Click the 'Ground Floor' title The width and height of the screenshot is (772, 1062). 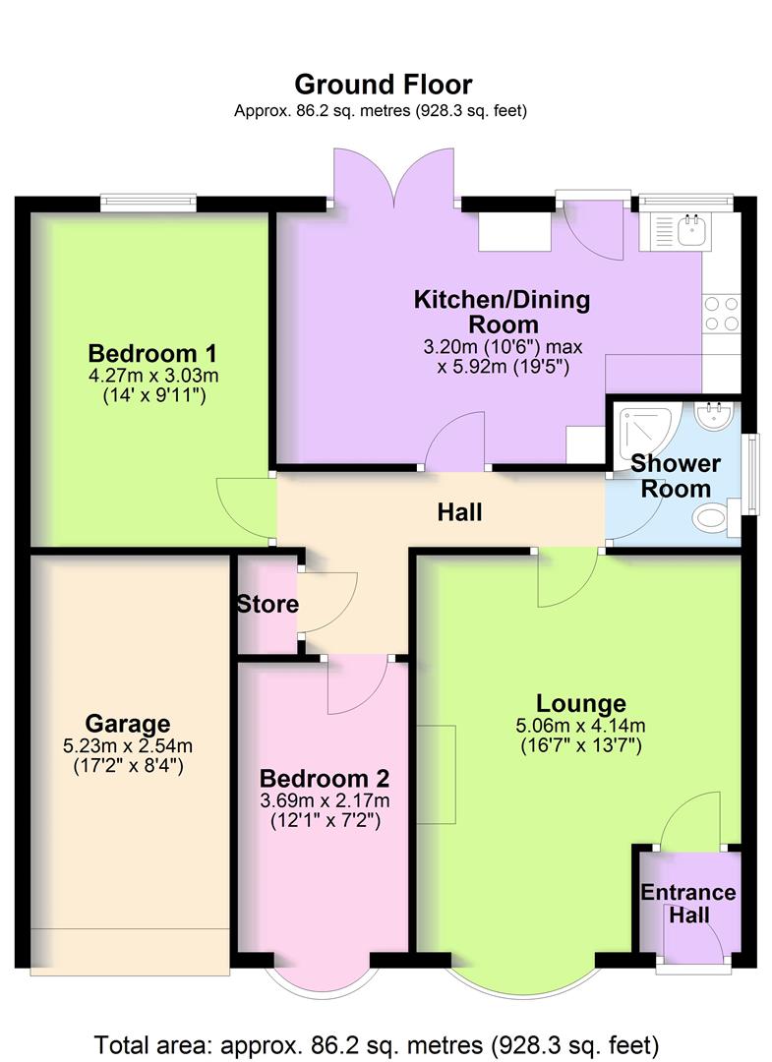(x=383, y=85)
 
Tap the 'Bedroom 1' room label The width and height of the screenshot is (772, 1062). (x=152, y=353)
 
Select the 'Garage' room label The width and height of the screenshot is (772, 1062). (x=127, y=725)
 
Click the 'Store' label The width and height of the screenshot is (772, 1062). (x=267, y=604)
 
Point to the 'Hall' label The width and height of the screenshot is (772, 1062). (x=460, y=512)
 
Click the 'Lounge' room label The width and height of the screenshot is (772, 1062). (x=580, y=703)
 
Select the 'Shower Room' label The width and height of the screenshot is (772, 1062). (x=675, y=476)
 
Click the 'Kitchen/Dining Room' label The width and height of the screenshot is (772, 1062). (x=502, y=312)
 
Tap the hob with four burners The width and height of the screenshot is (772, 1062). (x=721, y=313)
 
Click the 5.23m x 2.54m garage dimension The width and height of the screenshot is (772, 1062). (x=127, y=746)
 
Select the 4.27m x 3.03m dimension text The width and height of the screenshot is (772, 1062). (x=152, y=376)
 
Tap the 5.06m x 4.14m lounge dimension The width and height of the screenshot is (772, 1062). (x=580, y=727)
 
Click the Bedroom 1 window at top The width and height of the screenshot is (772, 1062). (x=148, y=203)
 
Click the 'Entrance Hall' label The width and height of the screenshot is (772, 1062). (x=687, y=904)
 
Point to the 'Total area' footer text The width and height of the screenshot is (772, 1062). (x=377, y=1043)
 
